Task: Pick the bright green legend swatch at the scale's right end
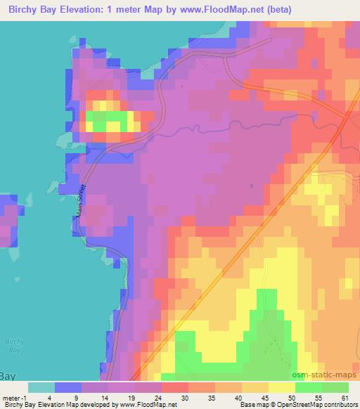pyautogui.click(x=334, y=387)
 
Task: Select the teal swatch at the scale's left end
pyautogui.click(x=41, y=387)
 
